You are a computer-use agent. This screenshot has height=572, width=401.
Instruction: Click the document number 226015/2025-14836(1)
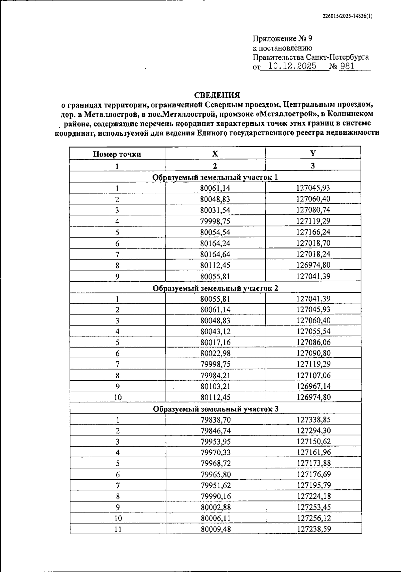tap(347, 15)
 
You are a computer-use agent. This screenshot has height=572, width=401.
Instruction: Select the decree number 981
tap(347, 66)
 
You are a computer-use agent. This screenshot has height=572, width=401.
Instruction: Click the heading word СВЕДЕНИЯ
tap(217, 95)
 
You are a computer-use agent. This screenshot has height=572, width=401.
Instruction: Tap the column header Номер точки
tap(117, 154)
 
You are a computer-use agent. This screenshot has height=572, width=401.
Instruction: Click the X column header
tap(215, 154)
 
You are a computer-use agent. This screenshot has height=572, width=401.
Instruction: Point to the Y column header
tap(313, 154)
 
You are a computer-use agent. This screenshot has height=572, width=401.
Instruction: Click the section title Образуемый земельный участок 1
tap(215, 177)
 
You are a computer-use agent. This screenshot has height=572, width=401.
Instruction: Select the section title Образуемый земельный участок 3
tap(216, 409)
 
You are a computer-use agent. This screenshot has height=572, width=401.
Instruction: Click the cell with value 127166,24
tap(313, 232)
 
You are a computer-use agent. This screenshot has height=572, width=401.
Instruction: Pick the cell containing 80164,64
tap(215, 254)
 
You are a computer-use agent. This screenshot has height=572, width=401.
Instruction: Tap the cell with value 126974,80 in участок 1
tap(313, 265)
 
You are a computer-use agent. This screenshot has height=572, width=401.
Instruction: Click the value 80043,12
tap(215, 331)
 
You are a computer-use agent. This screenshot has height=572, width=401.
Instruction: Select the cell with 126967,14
tap(313, 386)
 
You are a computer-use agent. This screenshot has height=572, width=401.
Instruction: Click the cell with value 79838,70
tap(216, 420)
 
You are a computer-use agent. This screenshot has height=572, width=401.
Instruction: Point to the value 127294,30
tap(313, 431)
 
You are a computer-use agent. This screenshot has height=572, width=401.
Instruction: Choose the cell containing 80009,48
tap(216, 529)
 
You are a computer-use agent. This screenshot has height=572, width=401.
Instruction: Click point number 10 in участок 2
tap(117, 397)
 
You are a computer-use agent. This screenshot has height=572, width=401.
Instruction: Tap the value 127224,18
tap(313, 496)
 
